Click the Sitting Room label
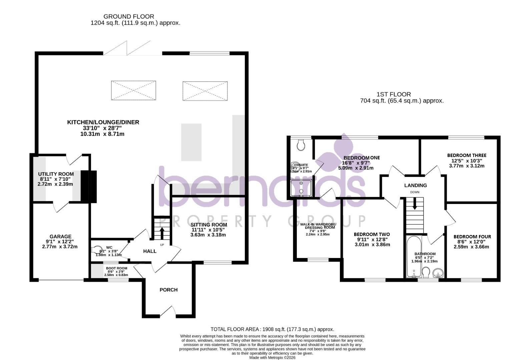click(x=208, y=225)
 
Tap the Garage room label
click(x=60, y=237)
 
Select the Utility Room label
click(x=56, y=174)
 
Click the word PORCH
click(x=168, y=290)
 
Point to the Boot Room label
click(x=116, y=268)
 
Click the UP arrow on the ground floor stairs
click(x=162, y=233)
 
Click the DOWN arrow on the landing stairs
click(x=415, y=204)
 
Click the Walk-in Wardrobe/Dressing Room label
click(x=318, y=226)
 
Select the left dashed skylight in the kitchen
click(x=133, y=90)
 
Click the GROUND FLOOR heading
click(x=129, y=16)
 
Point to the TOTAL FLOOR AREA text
click(x=272, y=329)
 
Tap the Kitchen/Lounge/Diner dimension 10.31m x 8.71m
click(x=102, y=134)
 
